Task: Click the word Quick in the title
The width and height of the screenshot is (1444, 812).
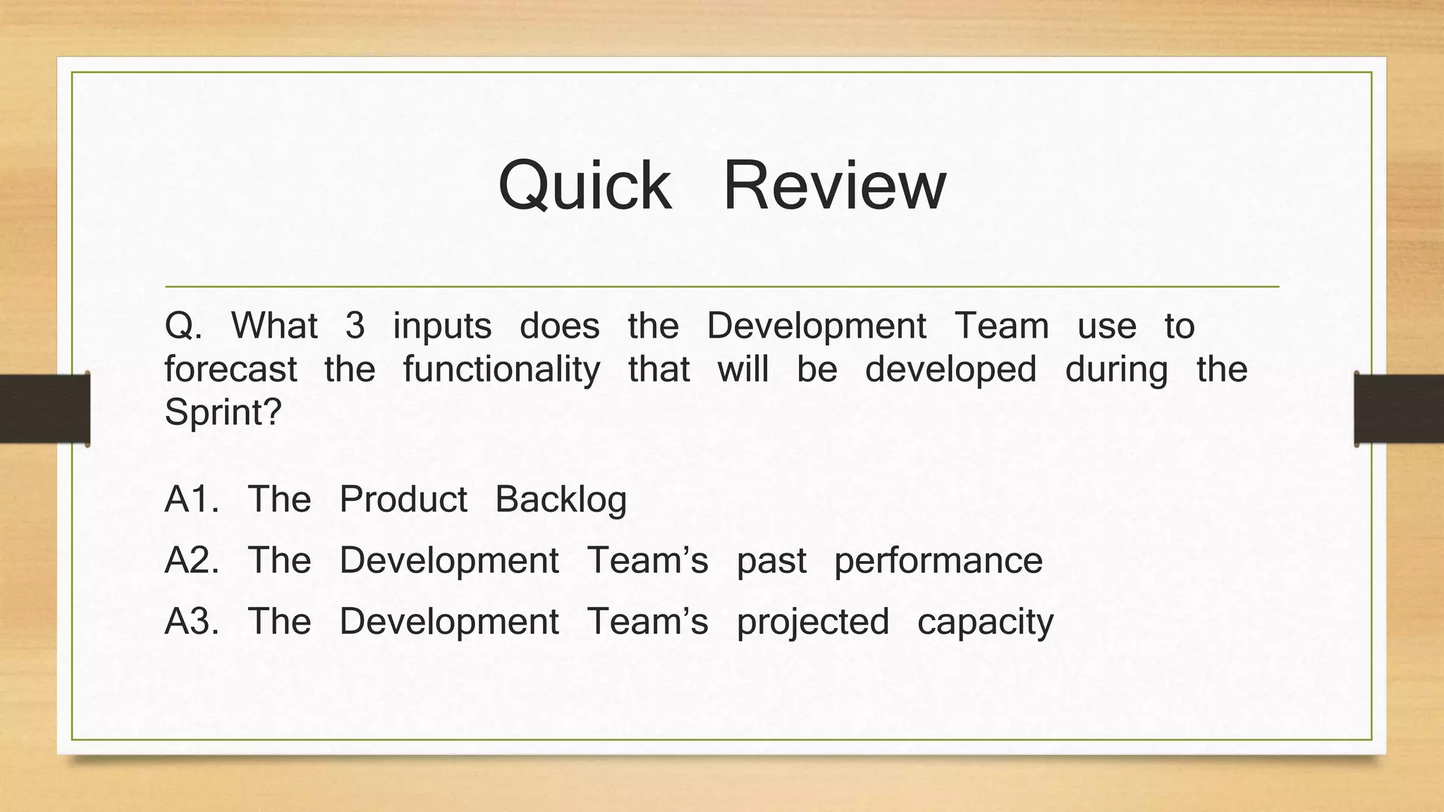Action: tap(585, 186)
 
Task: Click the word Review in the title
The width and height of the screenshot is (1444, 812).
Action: tap(834, 186)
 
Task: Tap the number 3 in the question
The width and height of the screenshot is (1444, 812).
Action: tap(355, 326)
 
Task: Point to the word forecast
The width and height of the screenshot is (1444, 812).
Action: tap(231, 370)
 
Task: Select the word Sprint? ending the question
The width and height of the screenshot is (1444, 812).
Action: tap(223, 412)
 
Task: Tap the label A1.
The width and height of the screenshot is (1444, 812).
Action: tap(191, 500)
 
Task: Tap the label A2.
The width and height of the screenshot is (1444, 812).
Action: tap(191, 561)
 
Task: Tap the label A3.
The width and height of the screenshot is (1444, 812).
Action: tap(191, 622)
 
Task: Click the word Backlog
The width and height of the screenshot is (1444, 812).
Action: tap(561, 500)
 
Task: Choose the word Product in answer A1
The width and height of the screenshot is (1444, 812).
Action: tap(403, 500)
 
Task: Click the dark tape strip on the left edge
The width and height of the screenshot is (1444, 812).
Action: tap(44, 409)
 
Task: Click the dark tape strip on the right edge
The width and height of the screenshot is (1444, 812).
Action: tap(1399, 409)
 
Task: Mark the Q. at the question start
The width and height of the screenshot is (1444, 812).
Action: tap(183, 327)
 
